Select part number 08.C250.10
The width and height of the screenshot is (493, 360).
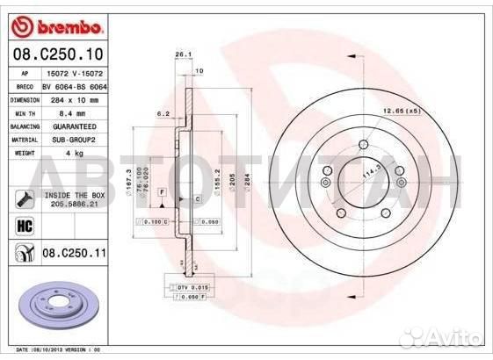point(58,54)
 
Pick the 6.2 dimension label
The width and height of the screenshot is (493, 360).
point(163,113)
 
